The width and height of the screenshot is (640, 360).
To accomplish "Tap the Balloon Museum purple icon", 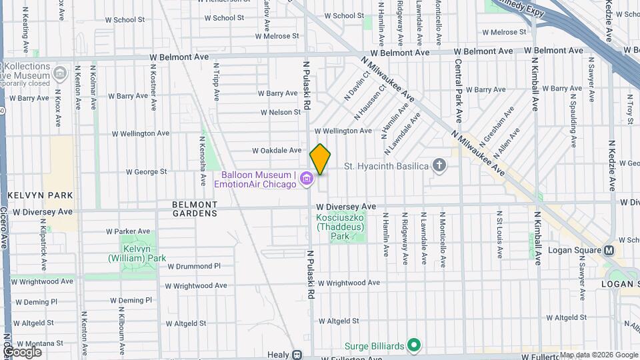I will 307,178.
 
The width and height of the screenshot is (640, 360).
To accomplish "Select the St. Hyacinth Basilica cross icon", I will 439,165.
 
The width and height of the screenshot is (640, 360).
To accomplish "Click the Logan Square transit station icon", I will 609,251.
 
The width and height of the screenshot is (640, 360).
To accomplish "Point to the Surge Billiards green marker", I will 414,345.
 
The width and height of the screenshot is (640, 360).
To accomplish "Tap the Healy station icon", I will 297,355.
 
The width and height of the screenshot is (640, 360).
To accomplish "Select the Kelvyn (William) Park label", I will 137,253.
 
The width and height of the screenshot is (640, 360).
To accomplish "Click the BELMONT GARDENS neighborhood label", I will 195,209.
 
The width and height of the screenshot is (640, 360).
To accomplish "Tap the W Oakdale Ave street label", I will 279,151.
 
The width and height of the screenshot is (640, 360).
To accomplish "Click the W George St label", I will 146,172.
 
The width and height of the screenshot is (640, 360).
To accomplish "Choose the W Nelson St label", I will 280,113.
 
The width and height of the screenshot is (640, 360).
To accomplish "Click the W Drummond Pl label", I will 193,266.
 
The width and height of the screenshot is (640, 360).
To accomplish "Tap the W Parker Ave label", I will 127,231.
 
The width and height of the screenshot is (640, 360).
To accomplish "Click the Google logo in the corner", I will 22,352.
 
